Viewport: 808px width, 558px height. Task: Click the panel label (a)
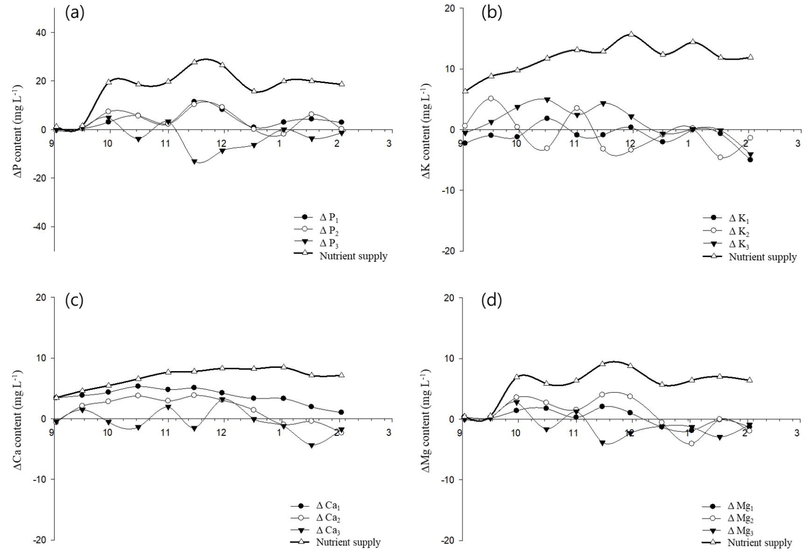tap(75, 13)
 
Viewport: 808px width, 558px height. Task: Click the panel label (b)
tap(492, 13)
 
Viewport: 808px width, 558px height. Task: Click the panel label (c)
tap(75, 301)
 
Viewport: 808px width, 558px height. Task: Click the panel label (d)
tap(492, 301)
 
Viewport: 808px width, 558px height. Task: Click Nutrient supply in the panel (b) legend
tap(762, 257)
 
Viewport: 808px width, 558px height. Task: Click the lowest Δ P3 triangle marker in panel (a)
tap(195, 162)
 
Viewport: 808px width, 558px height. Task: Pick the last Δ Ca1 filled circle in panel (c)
tap(341, 412)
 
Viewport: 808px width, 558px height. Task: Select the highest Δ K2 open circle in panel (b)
tap(491, 98)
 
